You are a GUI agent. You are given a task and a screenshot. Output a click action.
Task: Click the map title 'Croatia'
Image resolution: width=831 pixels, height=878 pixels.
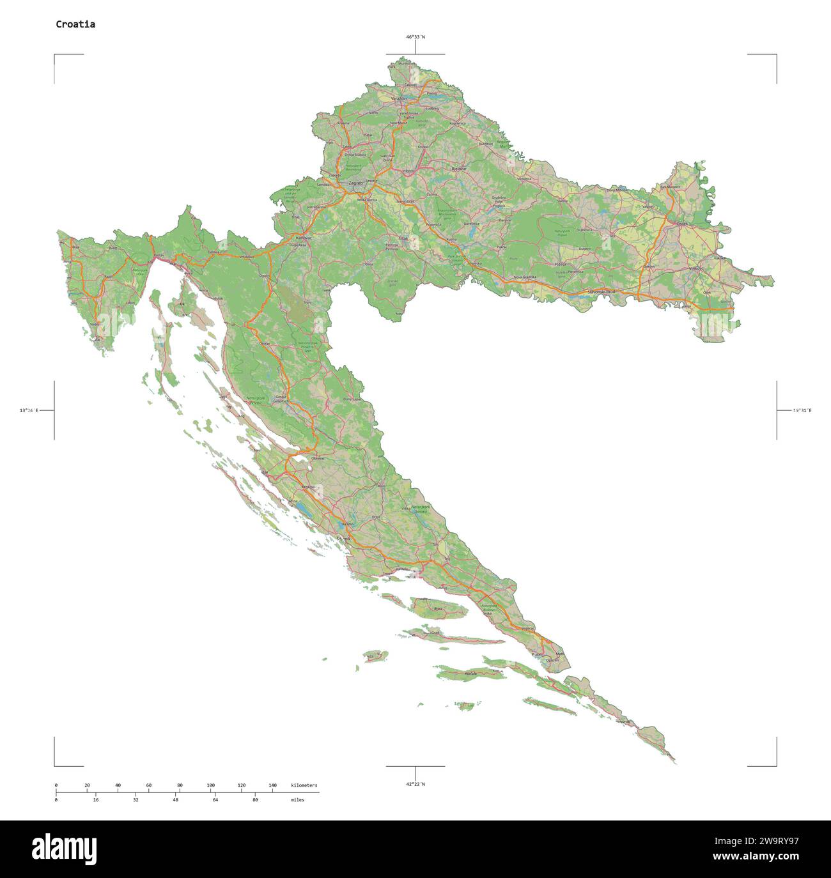(x=75, y=24)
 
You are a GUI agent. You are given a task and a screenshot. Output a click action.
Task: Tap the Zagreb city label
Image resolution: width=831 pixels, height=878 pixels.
(x=355, y=183)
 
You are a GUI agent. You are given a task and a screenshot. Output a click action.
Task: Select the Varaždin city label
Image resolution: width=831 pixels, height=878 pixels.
(x=399, y=98)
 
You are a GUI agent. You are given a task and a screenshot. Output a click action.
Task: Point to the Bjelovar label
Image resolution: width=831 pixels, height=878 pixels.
(x=459, y=169)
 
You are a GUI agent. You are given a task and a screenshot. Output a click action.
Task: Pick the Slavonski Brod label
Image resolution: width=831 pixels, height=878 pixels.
(x=602, y=291)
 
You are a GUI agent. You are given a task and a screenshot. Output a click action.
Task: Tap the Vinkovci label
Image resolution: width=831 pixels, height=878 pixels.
(x=696, y=269)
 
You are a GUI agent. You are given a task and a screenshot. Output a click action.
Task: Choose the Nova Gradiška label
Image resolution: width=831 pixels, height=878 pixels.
(x=525, y=277)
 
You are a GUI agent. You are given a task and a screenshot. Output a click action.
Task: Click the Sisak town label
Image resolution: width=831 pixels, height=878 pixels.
(x=403, y=238)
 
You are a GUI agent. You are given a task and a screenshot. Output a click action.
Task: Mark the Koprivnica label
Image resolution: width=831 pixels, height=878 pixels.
(x=457, y=123)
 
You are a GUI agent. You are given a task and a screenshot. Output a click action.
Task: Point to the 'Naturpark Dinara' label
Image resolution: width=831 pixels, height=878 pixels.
(x=420, y=509)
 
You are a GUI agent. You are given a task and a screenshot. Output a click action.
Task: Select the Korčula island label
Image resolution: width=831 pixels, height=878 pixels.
(x=472, y=674)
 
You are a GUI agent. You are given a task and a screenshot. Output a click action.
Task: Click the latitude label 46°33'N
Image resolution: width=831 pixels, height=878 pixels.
(x=415, y=37)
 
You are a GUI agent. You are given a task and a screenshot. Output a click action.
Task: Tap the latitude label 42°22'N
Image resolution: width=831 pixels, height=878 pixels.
(x=415, y=784)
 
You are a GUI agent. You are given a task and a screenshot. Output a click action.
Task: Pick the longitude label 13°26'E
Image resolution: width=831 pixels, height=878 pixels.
(x=29, y=410)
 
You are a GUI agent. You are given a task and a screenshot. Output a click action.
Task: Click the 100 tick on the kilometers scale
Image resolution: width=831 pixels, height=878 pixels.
(x=210, y=785)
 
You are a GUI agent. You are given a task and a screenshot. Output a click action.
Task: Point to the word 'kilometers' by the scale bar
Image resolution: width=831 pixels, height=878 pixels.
(x=304, y=785)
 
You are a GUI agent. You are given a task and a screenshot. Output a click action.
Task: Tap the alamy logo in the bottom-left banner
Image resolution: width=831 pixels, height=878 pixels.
(x=65, y=849)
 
